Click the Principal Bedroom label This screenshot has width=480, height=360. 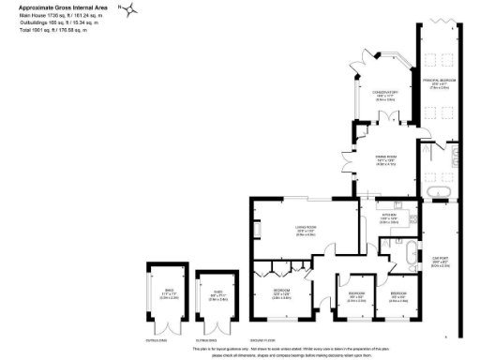(438, 83)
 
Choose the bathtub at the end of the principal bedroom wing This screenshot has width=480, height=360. (438, 195)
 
